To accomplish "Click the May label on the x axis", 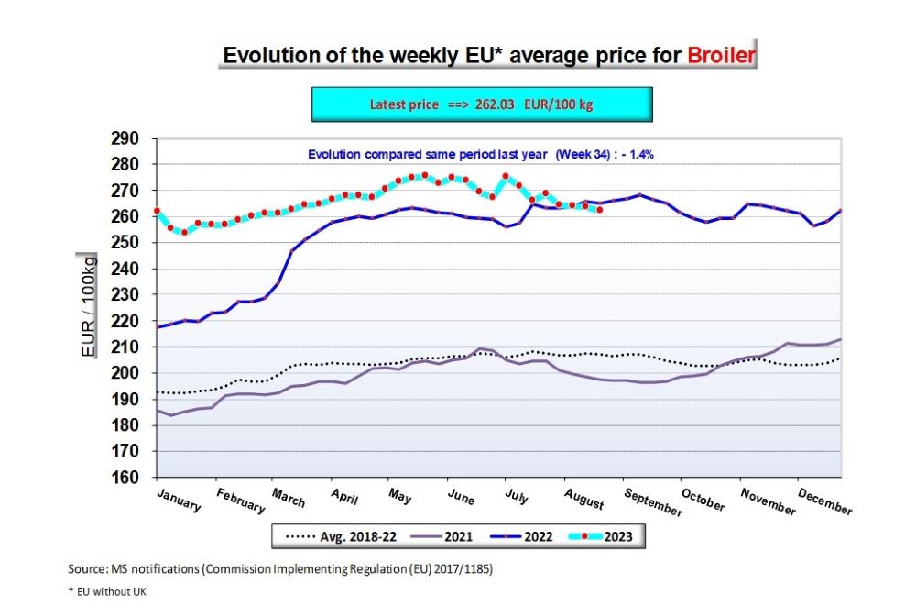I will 398,496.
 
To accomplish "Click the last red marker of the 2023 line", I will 599,210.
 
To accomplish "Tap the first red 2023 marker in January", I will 157,211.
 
